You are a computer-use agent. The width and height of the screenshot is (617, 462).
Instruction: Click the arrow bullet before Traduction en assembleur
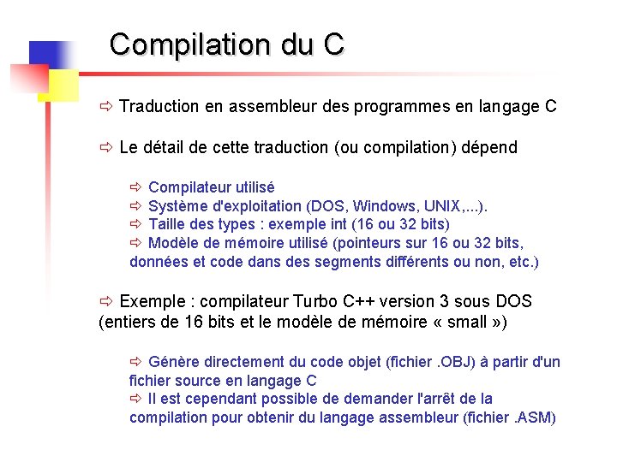pos(106,107)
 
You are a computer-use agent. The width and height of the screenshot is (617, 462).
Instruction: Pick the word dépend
pos(489,148)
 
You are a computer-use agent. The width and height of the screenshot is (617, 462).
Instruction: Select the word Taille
pos(170,225)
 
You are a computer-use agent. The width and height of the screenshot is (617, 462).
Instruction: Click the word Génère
pos(172,362)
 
